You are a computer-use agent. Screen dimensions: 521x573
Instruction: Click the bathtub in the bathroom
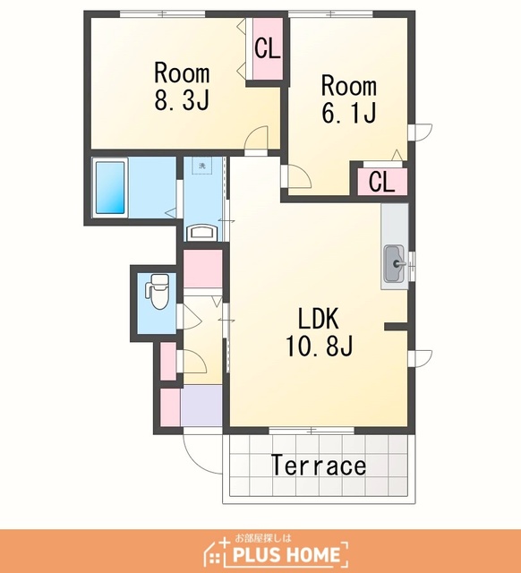pyautogui.click(x=110, y=187)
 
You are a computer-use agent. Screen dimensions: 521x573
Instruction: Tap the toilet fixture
pyautogui.click(x=158, y=291)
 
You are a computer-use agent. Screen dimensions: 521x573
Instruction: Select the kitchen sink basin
pyautogui.click(x=394, y=264)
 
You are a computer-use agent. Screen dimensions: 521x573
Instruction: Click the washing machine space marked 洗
pyautogui.click(x=202, y=166)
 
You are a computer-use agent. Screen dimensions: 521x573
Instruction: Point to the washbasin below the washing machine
pyautogui.click(x=202, y=233)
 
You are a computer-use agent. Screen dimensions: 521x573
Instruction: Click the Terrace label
pyautogui.click(x=318, y=465)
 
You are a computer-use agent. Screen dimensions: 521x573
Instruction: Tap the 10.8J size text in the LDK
pyautogui.click(x=319, y=346)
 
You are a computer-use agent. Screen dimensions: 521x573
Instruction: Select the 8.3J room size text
pyautogui.click(x=182, y=100)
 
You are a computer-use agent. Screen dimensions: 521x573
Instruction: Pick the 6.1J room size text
pyautogui.click(x=349, y=112)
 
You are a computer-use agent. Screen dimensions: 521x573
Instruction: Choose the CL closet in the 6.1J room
pyautogui.click(x=382, y=182)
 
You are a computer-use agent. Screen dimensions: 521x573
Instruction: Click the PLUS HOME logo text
pyautogui.click(x=286, y=555)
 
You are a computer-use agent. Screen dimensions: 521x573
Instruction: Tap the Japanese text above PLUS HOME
pyautogui.click(x=263, y=538)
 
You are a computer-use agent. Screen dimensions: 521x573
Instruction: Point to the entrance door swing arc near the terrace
pyautogui.click(x=197, y=459)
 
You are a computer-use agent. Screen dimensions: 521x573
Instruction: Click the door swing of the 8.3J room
pyautogui.click(x=257, y=137)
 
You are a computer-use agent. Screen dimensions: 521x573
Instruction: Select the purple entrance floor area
pyautogui.click(x=201, y=406)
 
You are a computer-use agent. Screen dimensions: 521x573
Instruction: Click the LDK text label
pyautogui.click(x=319, y=319)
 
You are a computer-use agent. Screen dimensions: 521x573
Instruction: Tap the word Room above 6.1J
pyautogui.click(x=349, y=86)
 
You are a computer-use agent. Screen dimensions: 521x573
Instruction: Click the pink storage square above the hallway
pyautogui.click(x=202, y=269)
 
